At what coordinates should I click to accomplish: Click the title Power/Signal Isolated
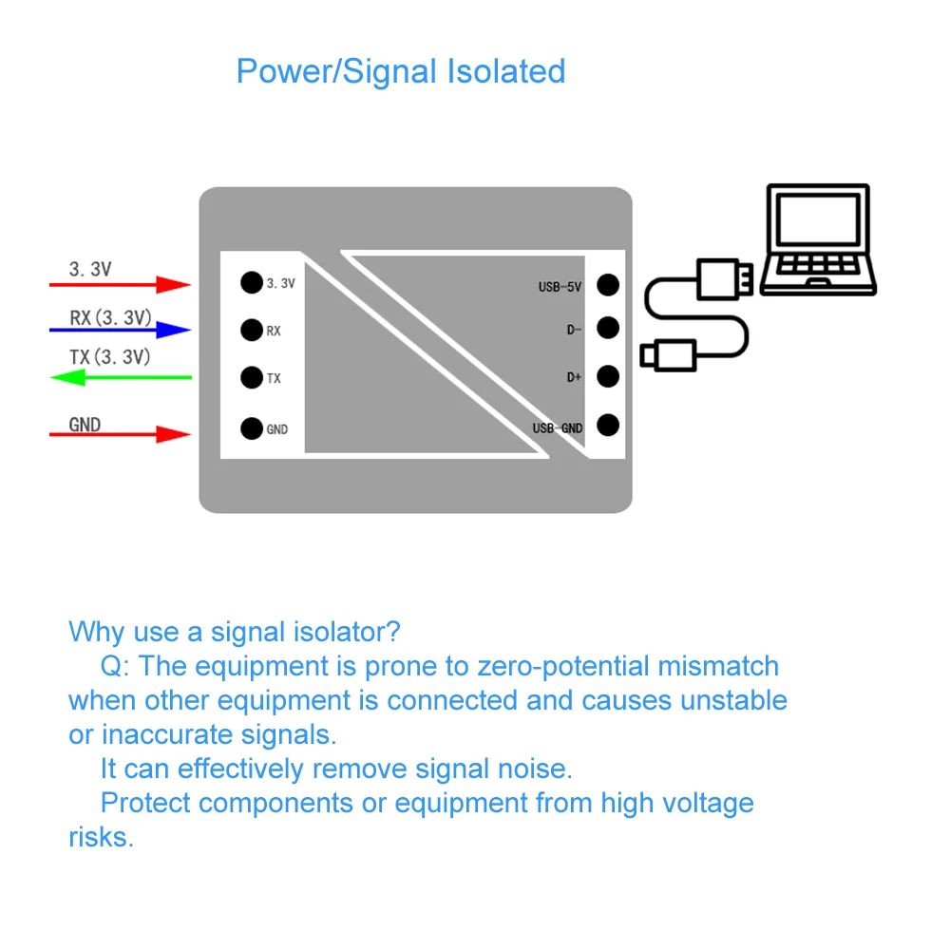[400, 71]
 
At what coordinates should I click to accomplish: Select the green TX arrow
[121, 378]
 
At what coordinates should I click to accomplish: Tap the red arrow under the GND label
[121, 434]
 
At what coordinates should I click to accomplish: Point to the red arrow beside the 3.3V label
[121, 283]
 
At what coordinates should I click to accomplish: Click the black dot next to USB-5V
[608, 284]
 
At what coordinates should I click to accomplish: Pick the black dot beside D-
[608, 328]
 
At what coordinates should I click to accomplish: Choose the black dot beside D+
[608, 376]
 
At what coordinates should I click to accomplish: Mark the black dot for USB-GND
[608, 425]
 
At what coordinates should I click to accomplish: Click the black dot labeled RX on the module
[251, 330]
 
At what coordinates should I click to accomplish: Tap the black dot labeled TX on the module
[251, 377]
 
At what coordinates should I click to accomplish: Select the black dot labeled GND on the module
[251, 428]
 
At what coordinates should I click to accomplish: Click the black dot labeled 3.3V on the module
[251, 282]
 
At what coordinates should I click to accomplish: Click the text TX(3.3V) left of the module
[109, 357]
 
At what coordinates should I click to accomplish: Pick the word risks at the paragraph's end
[100, 837]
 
